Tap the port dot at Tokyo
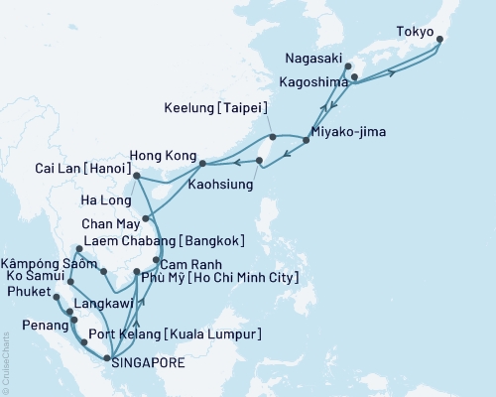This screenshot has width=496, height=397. [x=439, y=40]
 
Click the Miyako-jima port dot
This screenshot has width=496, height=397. [x=306, y=140]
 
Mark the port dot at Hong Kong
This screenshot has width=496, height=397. [x=202, y=163]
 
